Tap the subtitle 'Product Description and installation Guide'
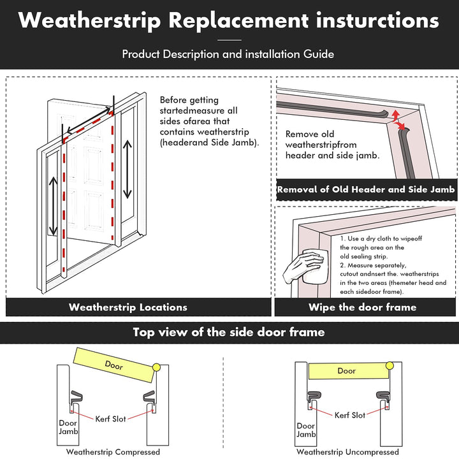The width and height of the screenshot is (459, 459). (x=228, y=54)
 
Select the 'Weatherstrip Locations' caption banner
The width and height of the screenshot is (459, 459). (x=128, y=307)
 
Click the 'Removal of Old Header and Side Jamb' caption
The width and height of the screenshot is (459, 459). (x=366, y=189)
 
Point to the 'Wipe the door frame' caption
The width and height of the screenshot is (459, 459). (x=363, y=307)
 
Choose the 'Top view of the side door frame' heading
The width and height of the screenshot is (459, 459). (x=229, y=332)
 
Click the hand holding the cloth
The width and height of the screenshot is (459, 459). (x=307, y=266)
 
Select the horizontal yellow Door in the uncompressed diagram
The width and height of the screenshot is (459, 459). (x=347, y=370)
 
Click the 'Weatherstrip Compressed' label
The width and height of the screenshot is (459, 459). (x=113, y=452)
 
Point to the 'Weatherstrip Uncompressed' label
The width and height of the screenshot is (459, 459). (x=347, y=452)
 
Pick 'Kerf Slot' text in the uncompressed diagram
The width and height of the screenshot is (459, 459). (x=350, y=415)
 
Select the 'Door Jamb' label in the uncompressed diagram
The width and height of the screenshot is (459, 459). (x=305, y=430)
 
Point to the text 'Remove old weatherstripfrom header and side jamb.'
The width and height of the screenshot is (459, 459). (x=332, y=145)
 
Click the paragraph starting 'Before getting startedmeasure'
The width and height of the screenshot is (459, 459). (x=209, y=121)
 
